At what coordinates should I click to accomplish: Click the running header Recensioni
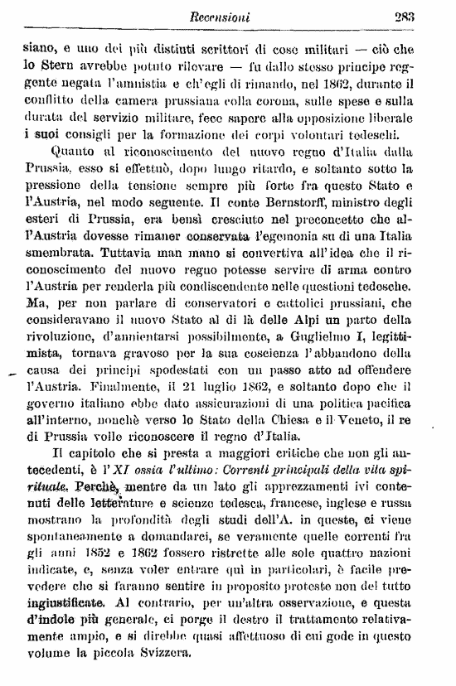(x=238, y=14)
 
